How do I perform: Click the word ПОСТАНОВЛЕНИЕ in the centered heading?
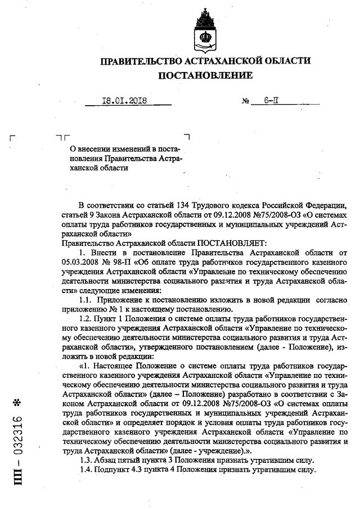pos(205,75)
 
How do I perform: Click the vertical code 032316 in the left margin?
pos(17,435)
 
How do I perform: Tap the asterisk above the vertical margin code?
pos(17,403)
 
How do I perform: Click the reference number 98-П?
pos(127,262)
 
